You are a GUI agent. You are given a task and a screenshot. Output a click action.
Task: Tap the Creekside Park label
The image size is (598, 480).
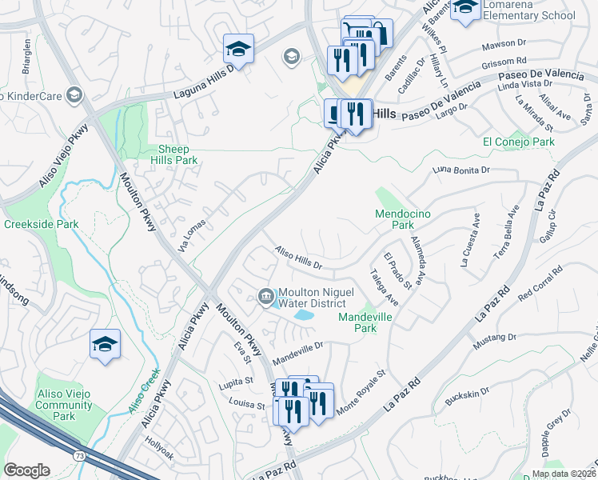pos(41,224)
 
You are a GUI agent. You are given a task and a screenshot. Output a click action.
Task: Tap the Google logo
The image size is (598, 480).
pos(26,470)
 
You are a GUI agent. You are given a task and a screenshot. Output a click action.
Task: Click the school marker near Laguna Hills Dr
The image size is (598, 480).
pos(238,50)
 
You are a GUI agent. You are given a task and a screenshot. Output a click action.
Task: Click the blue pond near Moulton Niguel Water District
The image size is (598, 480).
pos(304,315)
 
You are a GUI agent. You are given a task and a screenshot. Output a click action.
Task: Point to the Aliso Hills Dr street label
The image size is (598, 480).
pos(297,258)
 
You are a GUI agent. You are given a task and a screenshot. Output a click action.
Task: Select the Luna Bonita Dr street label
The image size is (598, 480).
pos(460,170)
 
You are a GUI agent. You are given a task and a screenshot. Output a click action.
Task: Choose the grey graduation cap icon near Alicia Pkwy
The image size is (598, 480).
pos(291,56)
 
